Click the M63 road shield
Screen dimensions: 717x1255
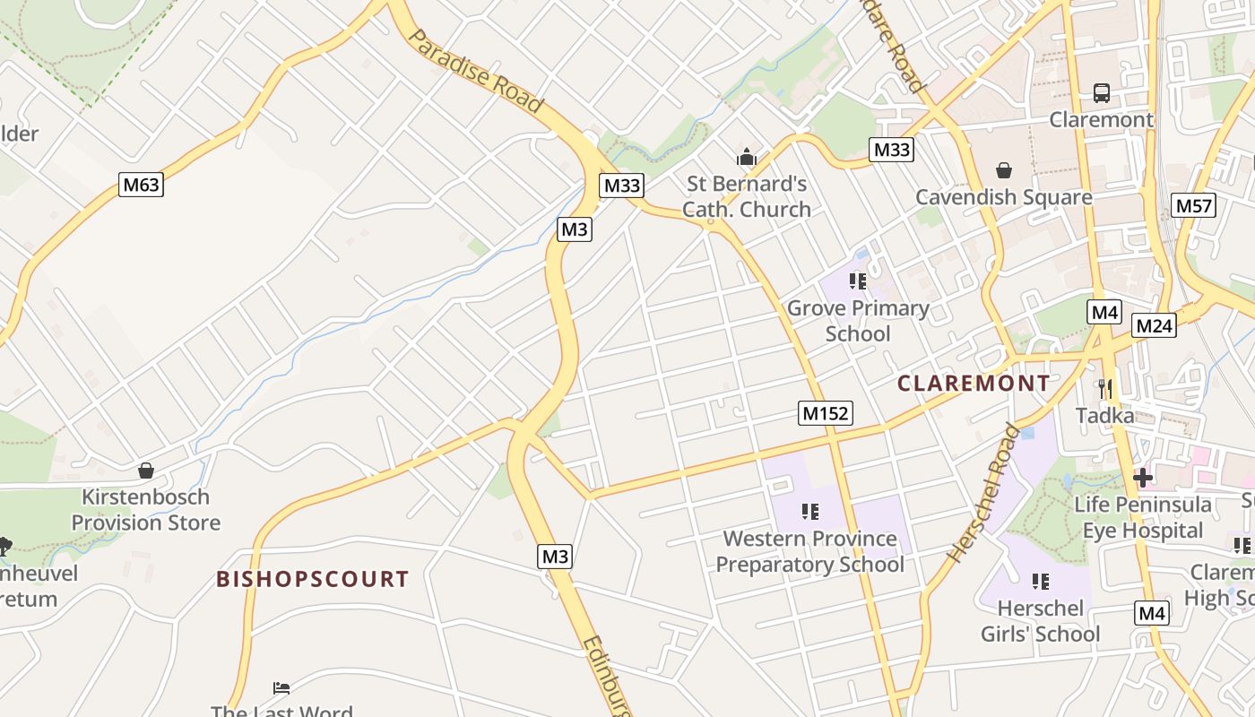point(142,186)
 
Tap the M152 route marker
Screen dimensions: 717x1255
point(825,413)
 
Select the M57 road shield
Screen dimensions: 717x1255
point(1194,206)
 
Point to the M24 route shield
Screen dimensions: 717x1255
point(1154,325)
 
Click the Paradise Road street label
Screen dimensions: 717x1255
point(475,71)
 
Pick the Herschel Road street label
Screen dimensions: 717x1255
point(983,494)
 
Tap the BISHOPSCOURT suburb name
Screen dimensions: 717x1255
point(313,579)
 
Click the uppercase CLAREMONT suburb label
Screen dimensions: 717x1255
point(974,384)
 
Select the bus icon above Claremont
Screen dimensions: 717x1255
point(1101,92)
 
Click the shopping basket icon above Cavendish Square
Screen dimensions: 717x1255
point(1004,170)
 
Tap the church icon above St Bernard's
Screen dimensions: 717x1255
point(746,158)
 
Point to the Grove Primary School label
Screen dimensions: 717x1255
point(858,321)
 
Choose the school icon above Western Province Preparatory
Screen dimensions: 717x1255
point(810,512)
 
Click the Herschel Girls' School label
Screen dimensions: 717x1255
point(1040,621)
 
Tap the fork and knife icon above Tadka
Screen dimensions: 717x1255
point(1105,388)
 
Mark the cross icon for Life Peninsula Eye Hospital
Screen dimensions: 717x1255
point(1143,477)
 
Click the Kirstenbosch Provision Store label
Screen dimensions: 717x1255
point(145,509)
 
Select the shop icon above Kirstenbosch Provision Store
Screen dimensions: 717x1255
point(145,471)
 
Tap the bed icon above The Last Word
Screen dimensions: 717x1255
point(281,688)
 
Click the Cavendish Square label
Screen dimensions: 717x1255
point(1004,197)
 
